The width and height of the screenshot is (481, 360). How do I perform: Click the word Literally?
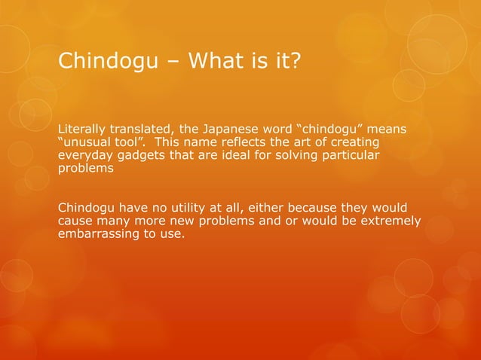pyautogui.click(x=81, y=130)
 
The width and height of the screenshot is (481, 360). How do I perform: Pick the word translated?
pyautogui.click(x=142, y=130)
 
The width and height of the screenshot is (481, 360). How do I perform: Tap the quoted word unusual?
pyautogui.click(x=86, y=143)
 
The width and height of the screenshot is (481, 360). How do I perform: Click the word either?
pyautogui.click(x=249, y=206)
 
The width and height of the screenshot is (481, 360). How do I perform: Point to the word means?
pyautogui.click(x=387, y=130)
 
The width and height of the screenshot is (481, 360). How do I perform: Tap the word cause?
pyautogui.click(x=75, y=219)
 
